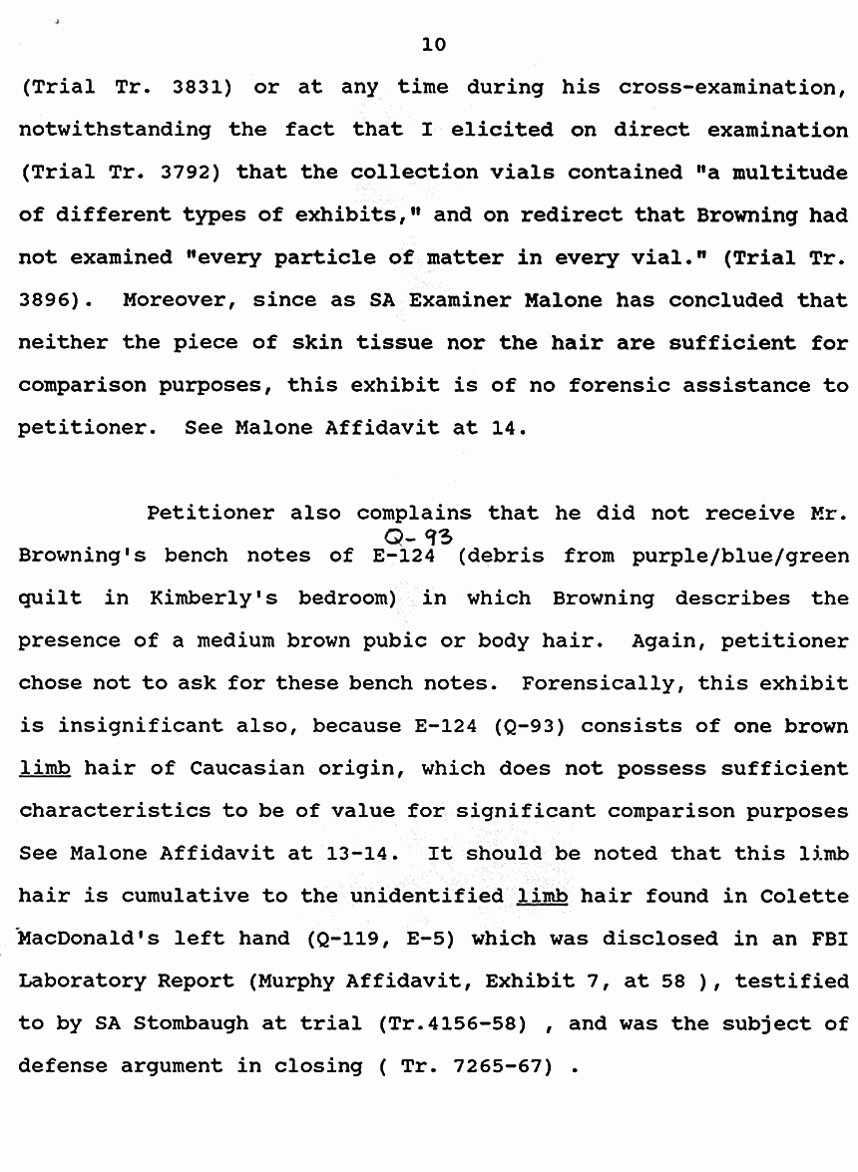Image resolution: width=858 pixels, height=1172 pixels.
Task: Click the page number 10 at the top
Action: click(434, 45)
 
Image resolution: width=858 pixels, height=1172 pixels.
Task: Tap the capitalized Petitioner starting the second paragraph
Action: click(210, 513)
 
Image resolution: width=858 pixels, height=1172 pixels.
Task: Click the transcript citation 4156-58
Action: click(489, 1024)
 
